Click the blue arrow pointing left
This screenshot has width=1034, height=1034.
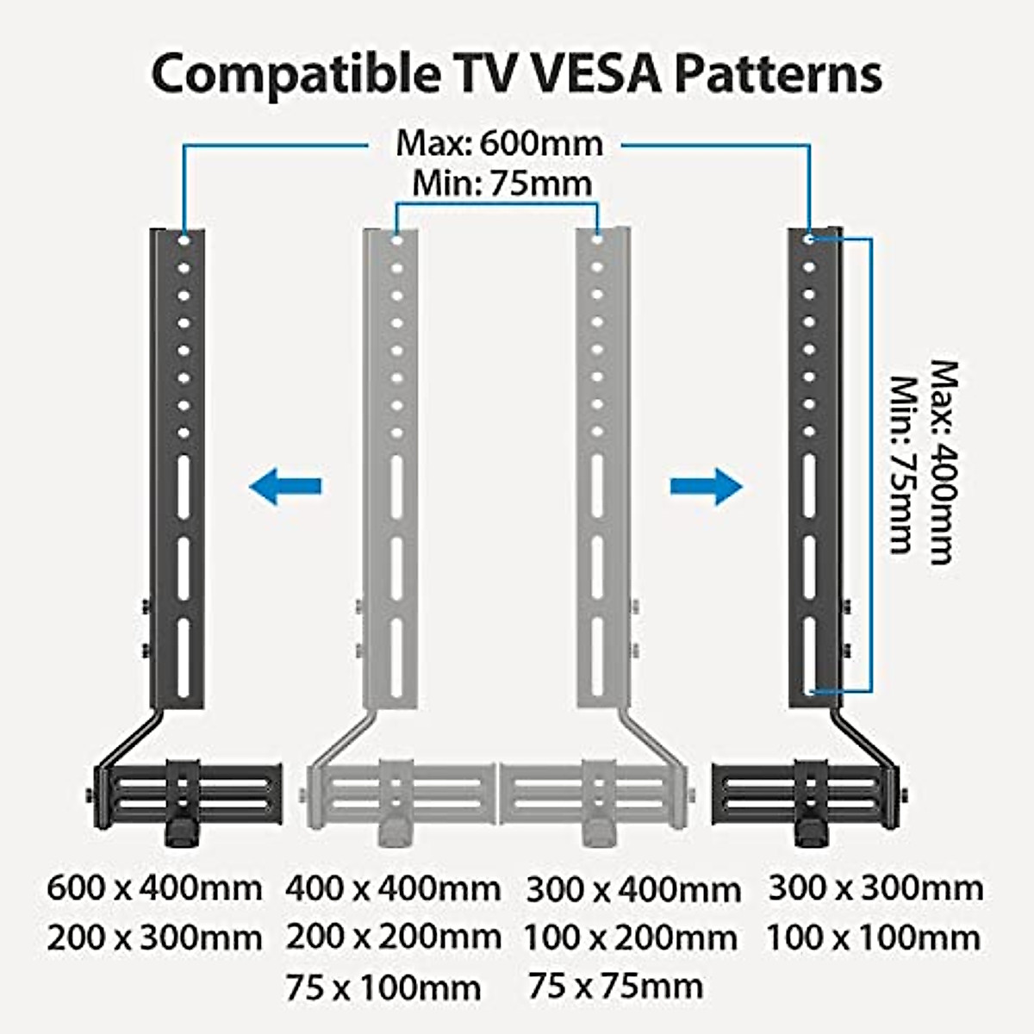[x=285, y=487]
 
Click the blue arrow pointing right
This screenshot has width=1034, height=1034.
[x=707, y=487]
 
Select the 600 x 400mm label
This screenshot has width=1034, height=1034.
[x=154, y=887]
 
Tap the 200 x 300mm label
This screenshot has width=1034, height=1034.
[x=154, y=937]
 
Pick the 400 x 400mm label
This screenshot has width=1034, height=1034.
[x=393, y=887]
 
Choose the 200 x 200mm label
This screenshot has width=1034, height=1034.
[x=393, y=936]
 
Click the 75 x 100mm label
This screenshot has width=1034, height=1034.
[x=383, y=987]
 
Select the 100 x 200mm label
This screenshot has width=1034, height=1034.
[x=631, y=937]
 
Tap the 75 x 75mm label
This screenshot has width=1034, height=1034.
[x=616, y=986]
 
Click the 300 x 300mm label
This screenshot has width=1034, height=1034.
[x=875, y=887]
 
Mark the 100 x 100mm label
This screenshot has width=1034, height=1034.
[x=874, y=937]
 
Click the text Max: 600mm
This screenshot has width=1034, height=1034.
[x=499, y=143]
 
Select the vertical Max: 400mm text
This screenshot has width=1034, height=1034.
[x=944, y=462]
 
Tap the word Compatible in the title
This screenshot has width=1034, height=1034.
[x=293, y=76]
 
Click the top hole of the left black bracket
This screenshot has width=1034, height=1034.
[x=184, y=240]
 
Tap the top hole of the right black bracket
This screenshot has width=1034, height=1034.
[x=809, y=239]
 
